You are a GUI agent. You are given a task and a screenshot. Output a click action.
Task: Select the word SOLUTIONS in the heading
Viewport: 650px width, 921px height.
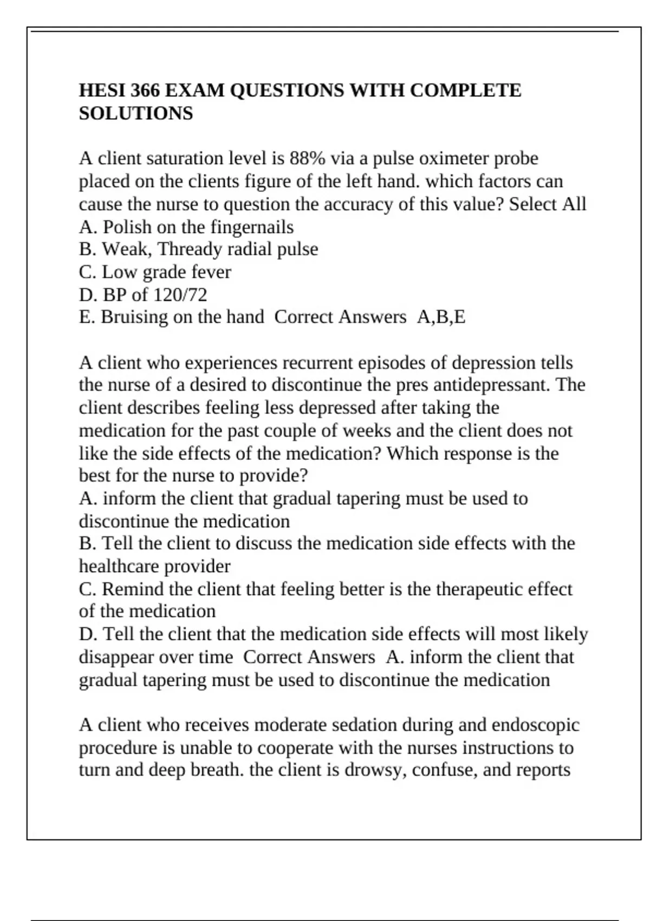coord(136,114)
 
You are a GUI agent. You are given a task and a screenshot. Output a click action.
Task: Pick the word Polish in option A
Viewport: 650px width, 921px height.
coord(127,227)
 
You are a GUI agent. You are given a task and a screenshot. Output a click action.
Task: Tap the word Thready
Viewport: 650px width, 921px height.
coord(190,250)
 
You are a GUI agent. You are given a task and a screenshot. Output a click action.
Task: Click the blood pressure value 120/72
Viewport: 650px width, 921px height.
coord(180,295)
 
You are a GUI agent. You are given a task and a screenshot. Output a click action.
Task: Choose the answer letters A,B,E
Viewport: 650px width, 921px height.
coord(441,317)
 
